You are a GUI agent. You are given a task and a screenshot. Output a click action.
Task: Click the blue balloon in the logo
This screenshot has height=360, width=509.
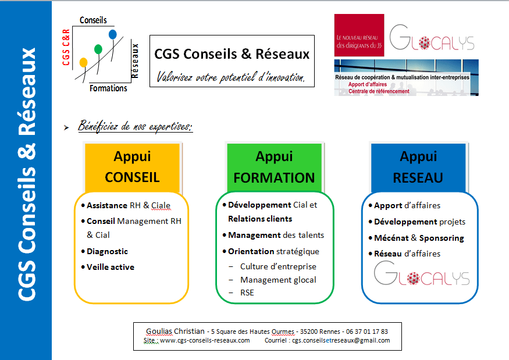[113, 34]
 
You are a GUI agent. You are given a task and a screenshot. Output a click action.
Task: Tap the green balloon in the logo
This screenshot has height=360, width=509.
[98, 49]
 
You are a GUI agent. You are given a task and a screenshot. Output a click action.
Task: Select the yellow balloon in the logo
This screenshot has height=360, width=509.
[83, 62]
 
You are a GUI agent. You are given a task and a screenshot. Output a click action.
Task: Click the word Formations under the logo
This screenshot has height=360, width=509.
[108, 88]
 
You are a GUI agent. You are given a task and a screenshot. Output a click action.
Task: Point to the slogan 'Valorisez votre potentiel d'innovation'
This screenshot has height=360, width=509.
[231, 76]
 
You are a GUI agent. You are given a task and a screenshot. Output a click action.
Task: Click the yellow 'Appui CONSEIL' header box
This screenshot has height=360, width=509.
[132, 167]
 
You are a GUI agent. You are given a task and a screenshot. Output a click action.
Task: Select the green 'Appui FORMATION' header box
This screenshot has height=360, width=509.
[275, 167]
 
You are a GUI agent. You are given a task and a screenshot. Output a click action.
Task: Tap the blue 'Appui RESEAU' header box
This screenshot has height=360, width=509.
[418, 167]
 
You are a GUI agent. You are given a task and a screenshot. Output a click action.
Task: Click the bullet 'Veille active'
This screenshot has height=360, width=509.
[111, 267]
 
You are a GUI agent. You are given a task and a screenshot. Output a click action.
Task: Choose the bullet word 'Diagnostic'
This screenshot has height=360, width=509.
[107, 251]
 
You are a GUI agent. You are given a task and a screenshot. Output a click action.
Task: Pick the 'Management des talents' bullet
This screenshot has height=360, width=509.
[276, 235]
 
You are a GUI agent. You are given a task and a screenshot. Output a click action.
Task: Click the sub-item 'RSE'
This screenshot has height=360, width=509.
[247, 293]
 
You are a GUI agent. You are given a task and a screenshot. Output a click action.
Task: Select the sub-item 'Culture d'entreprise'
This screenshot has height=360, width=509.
[278, 266]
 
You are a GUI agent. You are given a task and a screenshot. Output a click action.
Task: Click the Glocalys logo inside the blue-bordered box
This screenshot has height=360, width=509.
[421, 274]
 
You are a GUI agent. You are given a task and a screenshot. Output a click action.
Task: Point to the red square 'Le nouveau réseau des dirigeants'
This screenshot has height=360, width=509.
[359, 35]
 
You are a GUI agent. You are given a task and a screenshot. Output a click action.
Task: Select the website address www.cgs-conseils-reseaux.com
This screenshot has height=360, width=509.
[205, 340]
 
